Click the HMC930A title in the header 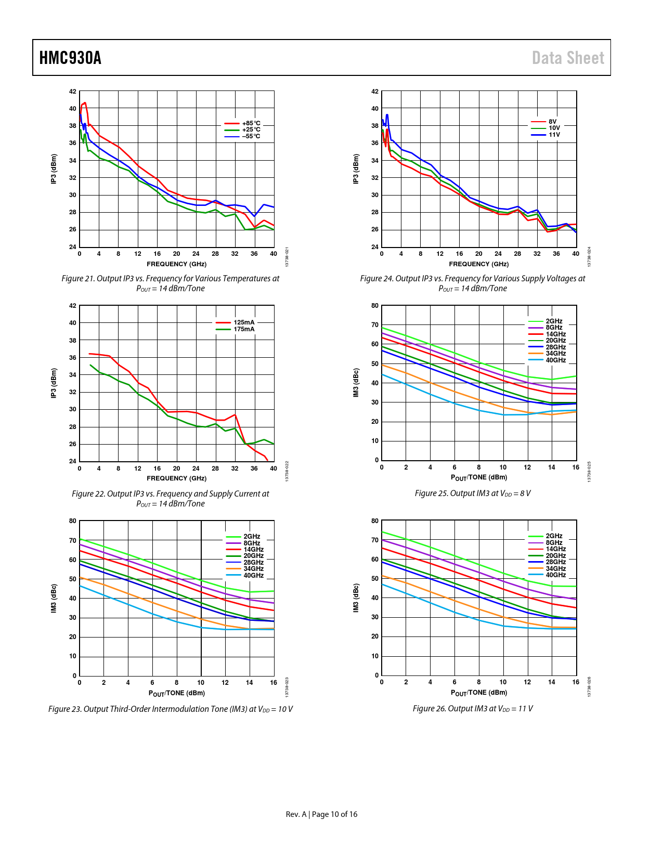(70, 58)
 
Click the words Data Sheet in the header (568, 58)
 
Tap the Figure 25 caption (473, 493)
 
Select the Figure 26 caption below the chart (473, 708)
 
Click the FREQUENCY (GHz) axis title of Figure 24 (479, 264)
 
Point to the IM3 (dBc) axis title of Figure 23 (54, 598)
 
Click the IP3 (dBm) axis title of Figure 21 (54, 169)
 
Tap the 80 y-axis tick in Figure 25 (375, 306)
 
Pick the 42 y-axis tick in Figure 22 (73, 306)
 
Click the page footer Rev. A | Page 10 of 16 (321, 814)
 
